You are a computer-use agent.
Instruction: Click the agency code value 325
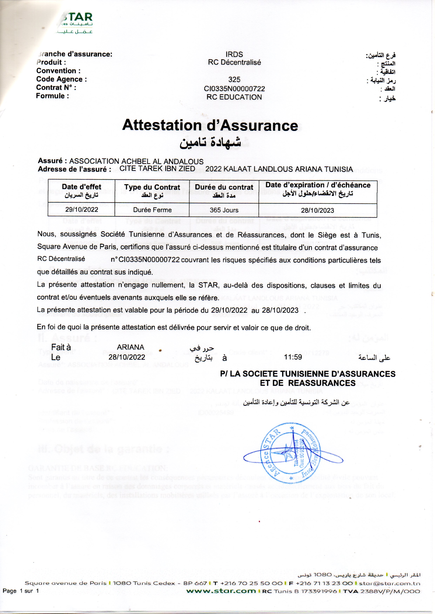pos(234,80)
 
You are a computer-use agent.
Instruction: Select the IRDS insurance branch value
pos(234,54)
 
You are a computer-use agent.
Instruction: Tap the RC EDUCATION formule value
pos(234,97)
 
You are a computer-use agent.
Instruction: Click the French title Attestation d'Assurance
pos(210,125)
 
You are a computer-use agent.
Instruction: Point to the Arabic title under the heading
pos(210,142)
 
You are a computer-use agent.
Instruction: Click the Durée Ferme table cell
pos(152,210)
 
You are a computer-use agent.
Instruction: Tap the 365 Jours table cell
pos(224,210)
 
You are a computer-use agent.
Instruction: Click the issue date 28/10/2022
pos(127,357)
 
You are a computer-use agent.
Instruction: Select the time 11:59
pos(293,357)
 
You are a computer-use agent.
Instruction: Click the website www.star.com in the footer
pos(221,591)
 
